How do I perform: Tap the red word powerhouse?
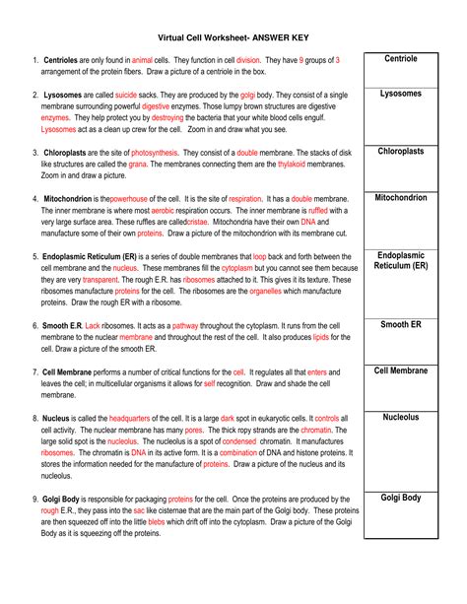click(132, 199)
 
